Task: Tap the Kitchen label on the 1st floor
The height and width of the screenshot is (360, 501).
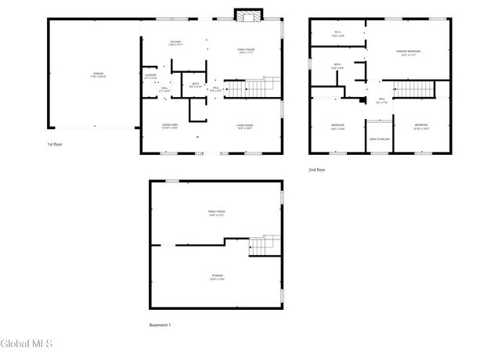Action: [x=176, y=43]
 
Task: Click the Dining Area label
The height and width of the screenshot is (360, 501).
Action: [x=170, y=127]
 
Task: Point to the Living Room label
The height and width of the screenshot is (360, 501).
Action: [x=245, y=127]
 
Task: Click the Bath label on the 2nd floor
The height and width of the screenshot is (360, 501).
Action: [x=337, y=67]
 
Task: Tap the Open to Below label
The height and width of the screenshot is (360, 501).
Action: [x=380, y=139]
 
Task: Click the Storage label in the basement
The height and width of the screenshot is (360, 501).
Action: [x=216, y=277]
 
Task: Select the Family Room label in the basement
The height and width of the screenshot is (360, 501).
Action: [x=216, y=213]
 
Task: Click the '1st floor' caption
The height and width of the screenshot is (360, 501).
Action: [x=55, y=145]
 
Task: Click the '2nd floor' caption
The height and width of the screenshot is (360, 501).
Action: [x=317, y=169]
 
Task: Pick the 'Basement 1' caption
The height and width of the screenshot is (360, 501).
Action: [x=160, y=325]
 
